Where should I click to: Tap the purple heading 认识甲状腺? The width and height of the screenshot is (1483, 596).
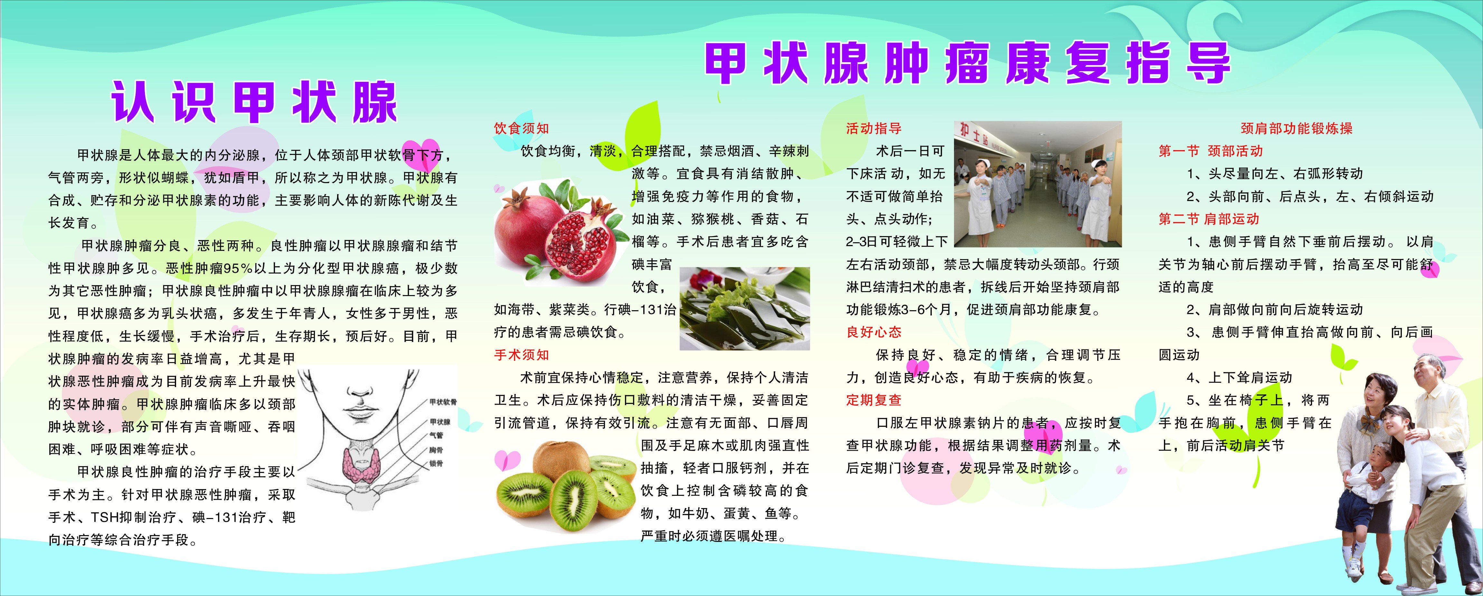click(254, 101)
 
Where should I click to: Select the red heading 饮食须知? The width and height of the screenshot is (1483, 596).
click(522, 129)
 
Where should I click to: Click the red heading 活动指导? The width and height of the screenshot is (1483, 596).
click(874, 129)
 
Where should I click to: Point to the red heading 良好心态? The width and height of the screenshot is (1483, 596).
click(874, 332)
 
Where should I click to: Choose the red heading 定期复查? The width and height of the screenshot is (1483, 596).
click(874, 400)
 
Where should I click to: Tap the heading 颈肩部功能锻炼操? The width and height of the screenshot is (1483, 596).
click(1297, 129)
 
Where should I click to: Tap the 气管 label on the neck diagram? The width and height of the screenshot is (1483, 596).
click(436, 435)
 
